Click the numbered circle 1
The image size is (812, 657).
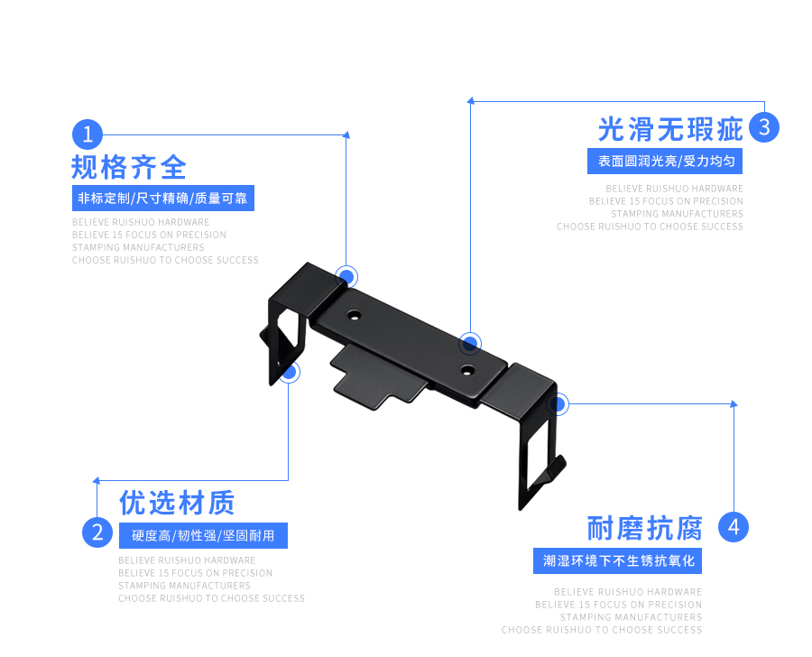coord(88,135)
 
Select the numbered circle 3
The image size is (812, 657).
coord(764,127)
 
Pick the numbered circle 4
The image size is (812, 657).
coord(734,527)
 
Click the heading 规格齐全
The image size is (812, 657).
coord(129,168)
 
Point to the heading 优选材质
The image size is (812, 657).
coord(177,503)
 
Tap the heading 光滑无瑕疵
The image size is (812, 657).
coord(670,129)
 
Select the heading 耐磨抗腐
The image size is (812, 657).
coord(644,527)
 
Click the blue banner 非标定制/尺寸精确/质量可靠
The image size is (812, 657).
coord(162,199)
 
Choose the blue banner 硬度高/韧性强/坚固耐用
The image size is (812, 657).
coord(203,535)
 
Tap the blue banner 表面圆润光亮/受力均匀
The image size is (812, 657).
coord(665,162)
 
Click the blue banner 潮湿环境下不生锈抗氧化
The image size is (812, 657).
coord(618,560)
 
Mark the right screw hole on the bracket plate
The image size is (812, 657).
coord(466,370)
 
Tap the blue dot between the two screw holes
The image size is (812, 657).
coord(470,343)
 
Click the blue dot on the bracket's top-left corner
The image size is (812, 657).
coord(346,276)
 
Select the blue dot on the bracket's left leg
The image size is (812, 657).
coord(289,371)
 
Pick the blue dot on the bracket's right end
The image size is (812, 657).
coord(558,404)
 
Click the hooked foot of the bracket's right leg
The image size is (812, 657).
coord(552,470)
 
